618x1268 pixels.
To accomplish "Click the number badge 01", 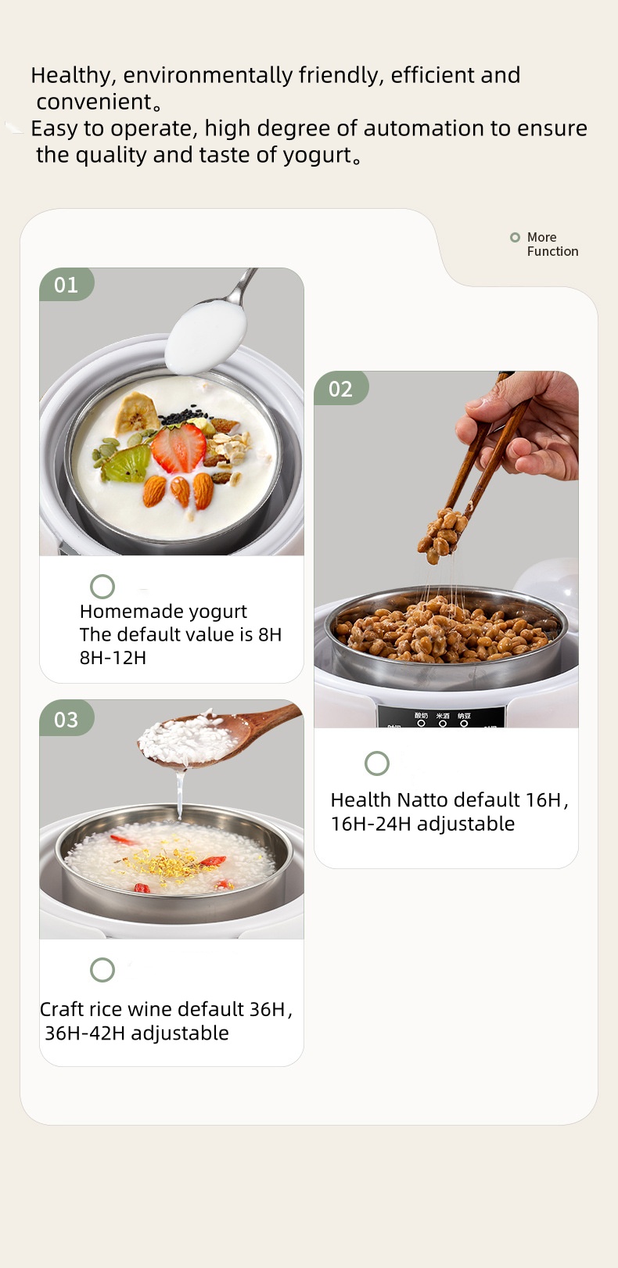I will coord(66,285).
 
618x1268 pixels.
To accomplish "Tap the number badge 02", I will coord(340,389).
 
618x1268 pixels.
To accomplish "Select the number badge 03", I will coord(66,719).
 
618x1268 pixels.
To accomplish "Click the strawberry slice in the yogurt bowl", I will coord(178,447).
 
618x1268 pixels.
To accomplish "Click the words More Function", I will coord(552,244).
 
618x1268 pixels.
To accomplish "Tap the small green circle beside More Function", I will coord(515,237).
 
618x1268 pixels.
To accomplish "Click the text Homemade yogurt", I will coord(163,612).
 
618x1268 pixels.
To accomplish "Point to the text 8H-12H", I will coord(113,658).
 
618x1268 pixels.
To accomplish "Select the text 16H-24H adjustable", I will coord(422,824).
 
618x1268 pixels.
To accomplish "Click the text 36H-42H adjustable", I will coord(137,1033).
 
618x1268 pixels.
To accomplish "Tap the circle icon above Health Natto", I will coord(377,763).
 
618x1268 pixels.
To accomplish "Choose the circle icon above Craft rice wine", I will coord(102,970).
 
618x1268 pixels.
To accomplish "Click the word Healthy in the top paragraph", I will coord(74,75).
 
